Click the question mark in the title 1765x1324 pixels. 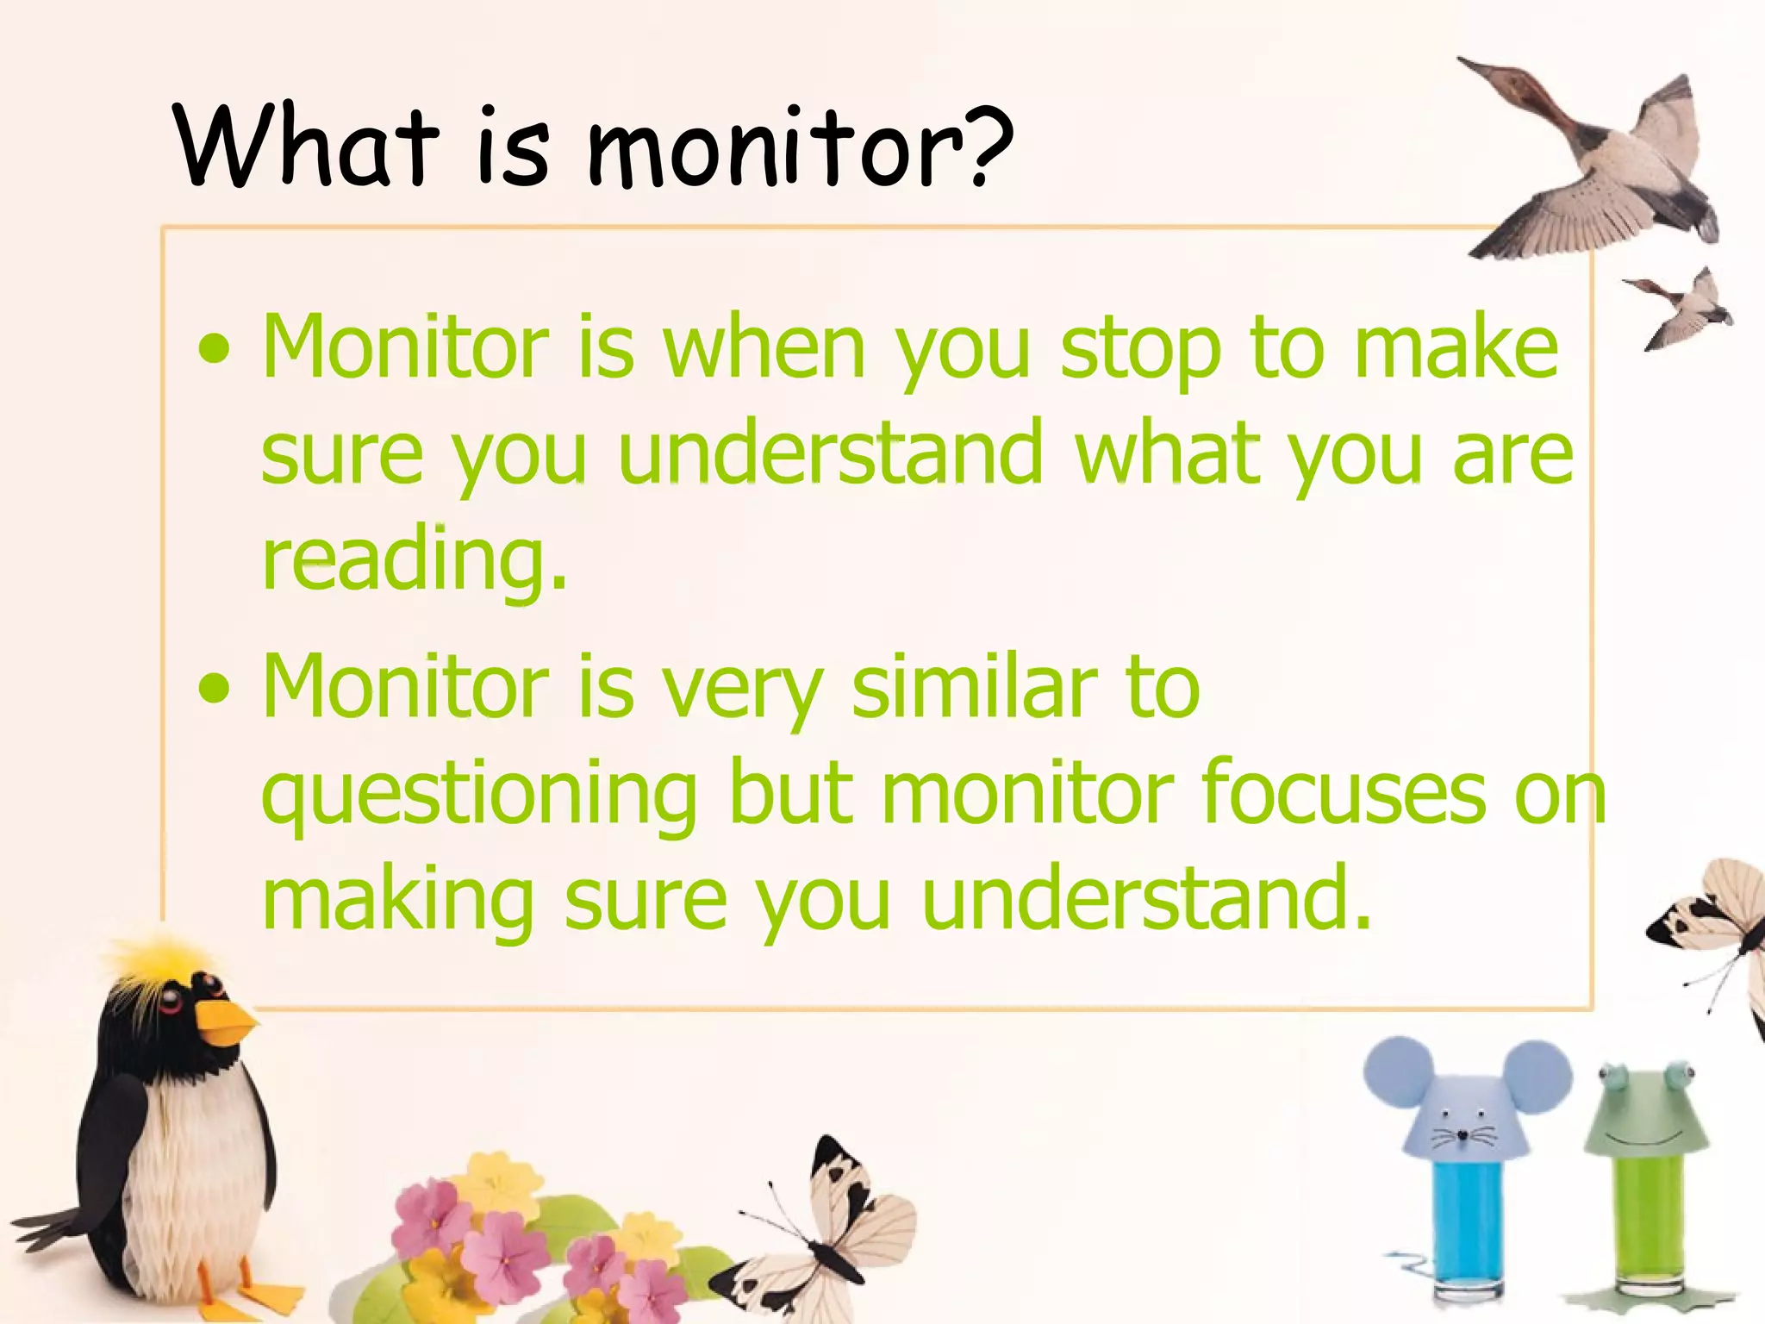(x=988, y=148)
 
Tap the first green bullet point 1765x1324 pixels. (x=213, y=350)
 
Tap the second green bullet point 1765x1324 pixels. (x=213, y=689)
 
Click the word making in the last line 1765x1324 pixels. (x=396, y=901)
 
